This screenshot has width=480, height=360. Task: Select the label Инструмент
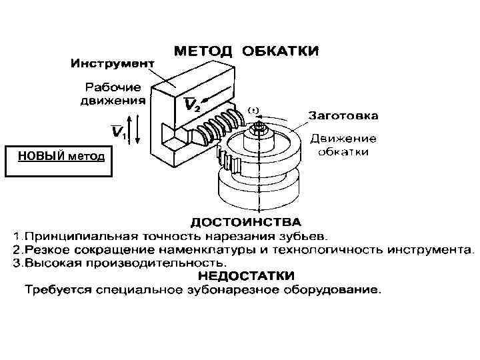point(113,64)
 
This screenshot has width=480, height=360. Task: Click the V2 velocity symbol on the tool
point(191,105)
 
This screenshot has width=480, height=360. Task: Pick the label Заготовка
point(342,115)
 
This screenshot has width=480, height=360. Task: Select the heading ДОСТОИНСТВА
point(246,221)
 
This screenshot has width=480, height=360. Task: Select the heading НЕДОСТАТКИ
point(246,276)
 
